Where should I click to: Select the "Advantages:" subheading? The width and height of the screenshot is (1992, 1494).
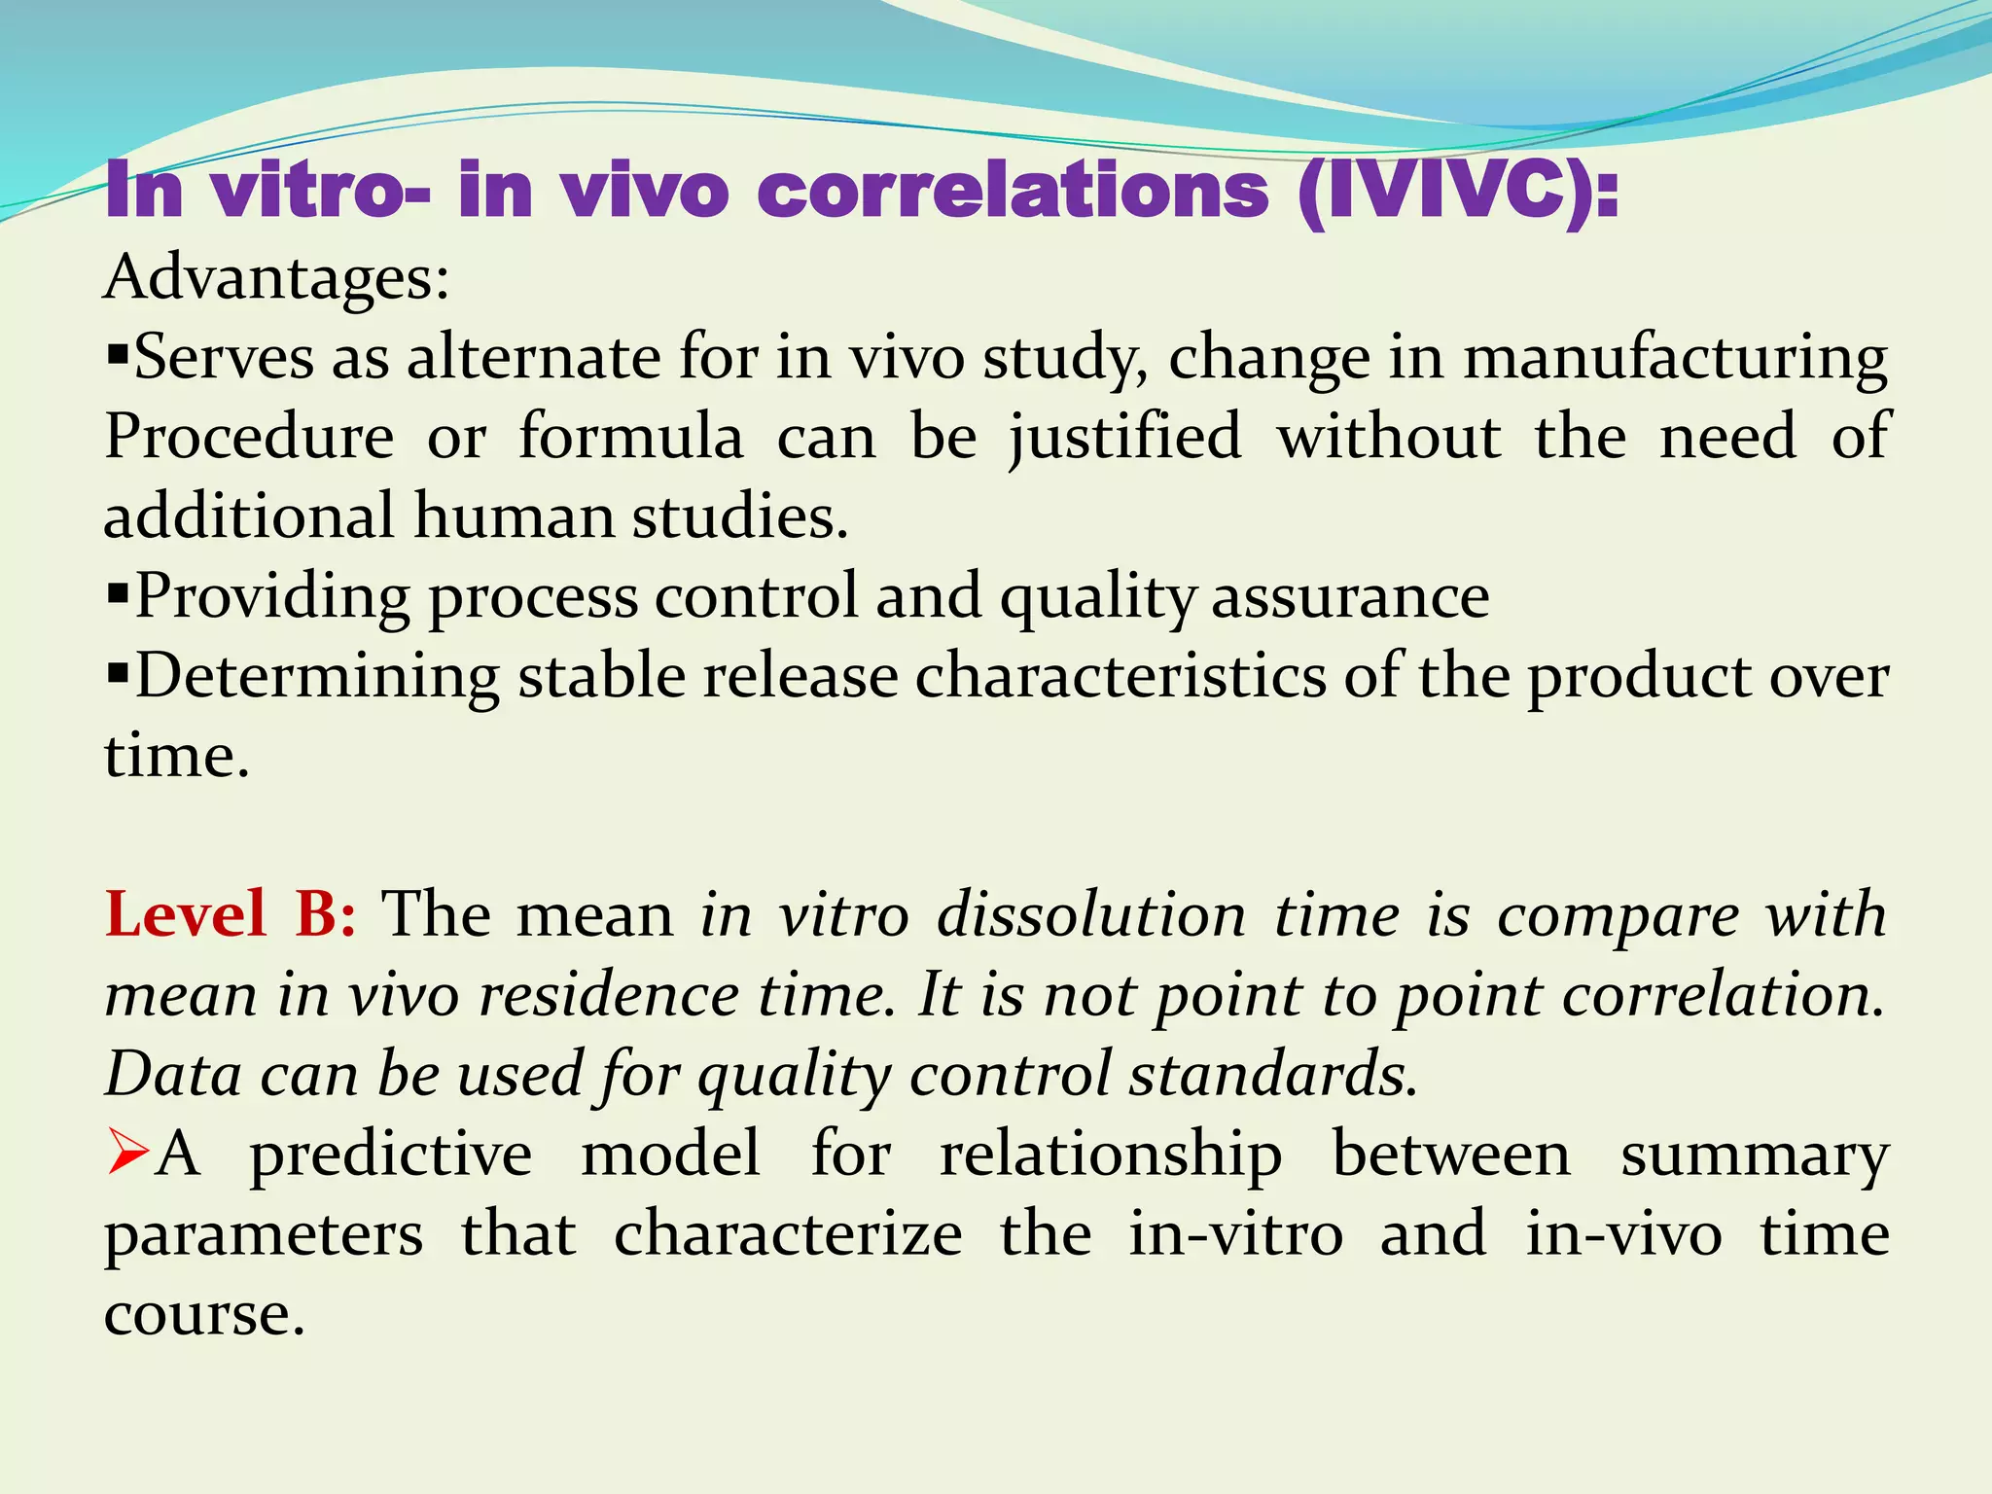pyautogui.click(x=277, y=278)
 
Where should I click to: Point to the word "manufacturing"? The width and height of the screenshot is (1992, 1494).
pyautogui.click(x=1675, y=358)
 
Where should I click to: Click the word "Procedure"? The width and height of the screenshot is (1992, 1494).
pyautogui.click(x=249, y=437)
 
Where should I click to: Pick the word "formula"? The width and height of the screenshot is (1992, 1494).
pyautogui.click(x=630, y=437)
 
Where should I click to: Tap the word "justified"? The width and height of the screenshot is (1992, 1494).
pyautogui.click(x=1125, y=437)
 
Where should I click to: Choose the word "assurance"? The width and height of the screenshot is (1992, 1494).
pyautogui.click(x=1350, y=596)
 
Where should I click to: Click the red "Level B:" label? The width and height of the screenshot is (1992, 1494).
pyautogui.click(x=231, y=914)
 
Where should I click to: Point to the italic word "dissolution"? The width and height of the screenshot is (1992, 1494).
pyautogui.click(x=1091, y=915)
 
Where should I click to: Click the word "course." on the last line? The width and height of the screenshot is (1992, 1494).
pyautogui.click(x=204, y=1315)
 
